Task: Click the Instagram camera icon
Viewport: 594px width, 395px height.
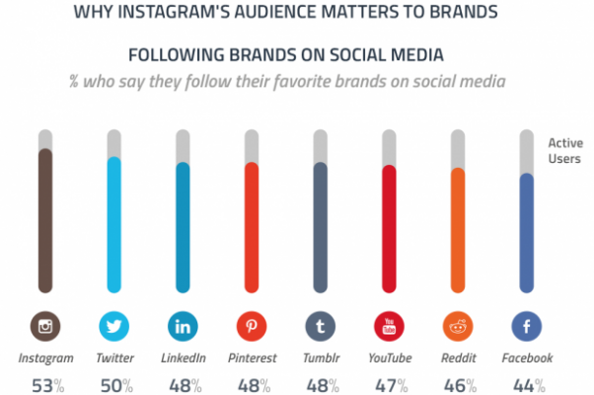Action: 45,326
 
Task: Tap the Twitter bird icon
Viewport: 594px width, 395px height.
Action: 113,326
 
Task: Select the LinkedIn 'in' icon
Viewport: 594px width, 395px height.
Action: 183,326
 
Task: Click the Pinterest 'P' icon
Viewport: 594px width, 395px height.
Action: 252,326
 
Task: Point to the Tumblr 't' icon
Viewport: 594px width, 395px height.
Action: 320,326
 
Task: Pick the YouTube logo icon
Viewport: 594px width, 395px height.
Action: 389,326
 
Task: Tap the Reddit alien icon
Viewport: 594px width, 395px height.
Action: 458,326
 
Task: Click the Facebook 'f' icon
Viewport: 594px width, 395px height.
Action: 526,326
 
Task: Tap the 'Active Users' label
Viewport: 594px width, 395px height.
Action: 564,150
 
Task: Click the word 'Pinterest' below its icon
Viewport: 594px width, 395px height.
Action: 252,357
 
